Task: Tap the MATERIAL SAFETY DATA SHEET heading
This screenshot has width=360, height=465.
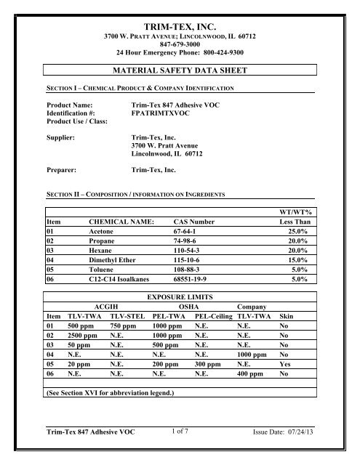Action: tap(179, 70)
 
